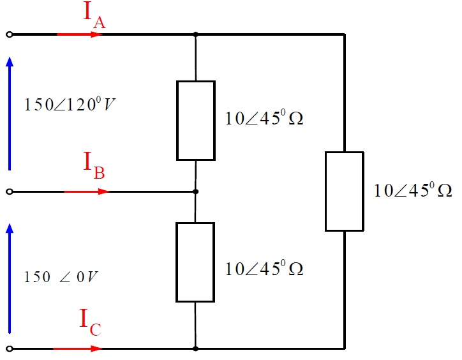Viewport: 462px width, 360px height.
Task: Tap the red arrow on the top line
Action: coord(80,34)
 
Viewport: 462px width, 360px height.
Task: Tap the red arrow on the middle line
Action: coord(87,191)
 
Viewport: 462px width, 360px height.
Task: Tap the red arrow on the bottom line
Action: coord(77,349)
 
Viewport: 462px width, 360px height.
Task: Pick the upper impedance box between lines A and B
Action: coord(196,120)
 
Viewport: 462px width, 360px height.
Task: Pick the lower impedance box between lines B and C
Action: coord(196,262)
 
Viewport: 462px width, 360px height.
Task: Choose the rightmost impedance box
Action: coord(345,191)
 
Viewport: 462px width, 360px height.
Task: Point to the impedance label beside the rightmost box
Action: coord(413,191)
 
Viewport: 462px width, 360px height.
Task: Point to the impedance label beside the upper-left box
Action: coord(264,119)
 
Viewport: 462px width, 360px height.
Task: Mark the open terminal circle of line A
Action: coord(9,34)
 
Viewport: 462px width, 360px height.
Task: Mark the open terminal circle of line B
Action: coord(9,191)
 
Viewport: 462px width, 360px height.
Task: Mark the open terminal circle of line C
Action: coord(9,349)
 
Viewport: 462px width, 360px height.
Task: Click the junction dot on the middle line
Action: coord(196,191)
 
